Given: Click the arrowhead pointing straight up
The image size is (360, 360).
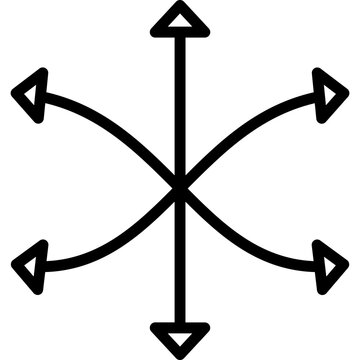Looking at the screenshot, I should click(180, 21).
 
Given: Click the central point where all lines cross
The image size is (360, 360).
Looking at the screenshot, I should click(180, 186).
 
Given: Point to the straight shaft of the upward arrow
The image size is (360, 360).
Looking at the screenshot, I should click(180, 100).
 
